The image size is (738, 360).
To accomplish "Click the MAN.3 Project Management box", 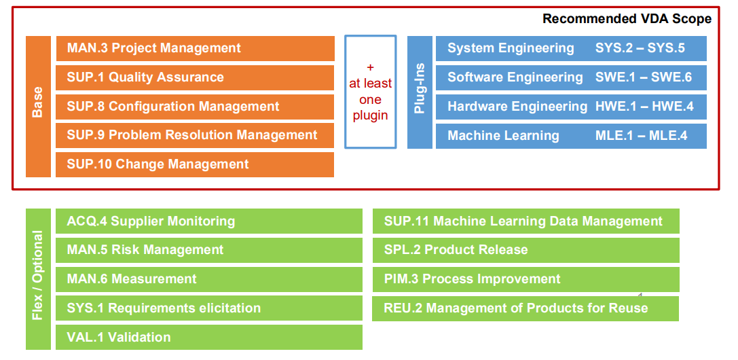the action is [x=195, y=48].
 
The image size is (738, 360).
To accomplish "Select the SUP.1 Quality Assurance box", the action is [x=195, y=77].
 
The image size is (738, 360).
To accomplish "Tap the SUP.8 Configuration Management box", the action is [x=195, y=107].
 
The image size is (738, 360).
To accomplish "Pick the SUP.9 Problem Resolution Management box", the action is [x=195, y=136].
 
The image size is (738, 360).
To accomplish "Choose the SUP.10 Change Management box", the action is [x=195, y=164].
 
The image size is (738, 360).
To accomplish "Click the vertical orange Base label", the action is [x=38, y=107].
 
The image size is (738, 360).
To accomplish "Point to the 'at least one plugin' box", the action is [x=371, y=92].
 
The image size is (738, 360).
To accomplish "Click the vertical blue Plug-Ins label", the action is [x=420, y=92].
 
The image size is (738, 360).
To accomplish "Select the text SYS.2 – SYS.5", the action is [x=640, y=48].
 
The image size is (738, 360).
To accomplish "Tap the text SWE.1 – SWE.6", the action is [x=644, y=77].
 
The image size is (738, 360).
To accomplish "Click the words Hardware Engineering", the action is [x=517, y=107].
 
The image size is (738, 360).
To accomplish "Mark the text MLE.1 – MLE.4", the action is [x=641, y=136].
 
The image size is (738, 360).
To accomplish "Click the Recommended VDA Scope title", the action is [x=627, y=19].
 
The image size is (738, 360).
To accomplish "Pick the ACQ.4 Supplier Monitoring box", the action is [x=209, y=221].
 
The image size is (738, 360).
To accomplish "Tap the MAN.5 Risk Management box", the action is [x=209, y=250].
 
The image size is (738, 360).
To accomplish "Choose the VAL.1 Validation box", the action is [x=209, y=338].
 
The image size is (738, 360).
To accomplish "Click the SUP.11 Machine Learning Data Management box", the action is [x=526, y=221].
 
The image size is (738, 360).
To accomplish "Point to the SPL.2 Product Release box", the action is [x=526, y=250].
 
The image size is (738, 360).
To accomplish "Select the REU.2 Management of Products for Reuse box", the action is [x=525, y=308].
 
